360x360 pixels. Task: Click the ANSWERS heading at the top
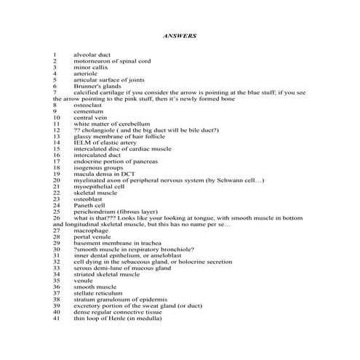180,34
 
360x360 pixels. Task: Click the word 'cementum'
87,111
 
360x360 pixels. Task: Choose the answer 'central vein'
90,118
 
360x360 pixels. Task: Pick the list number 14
56,143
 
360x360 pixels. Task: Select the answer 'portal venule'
92,237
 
